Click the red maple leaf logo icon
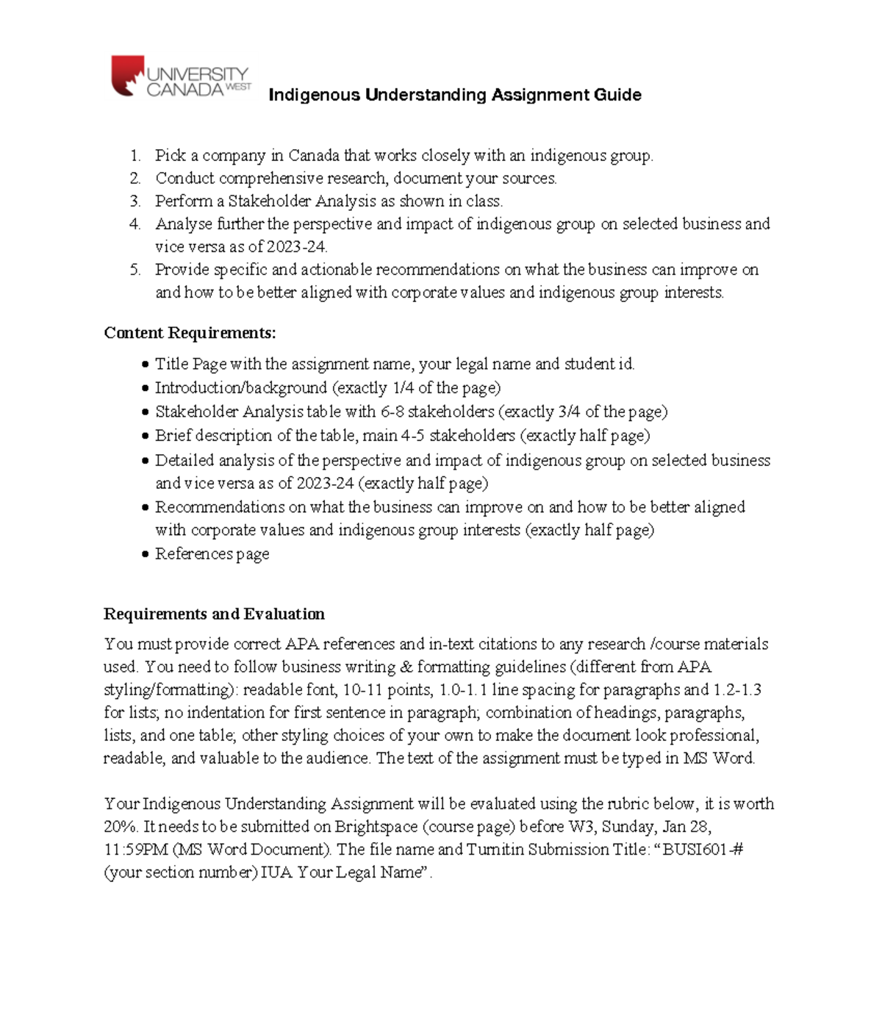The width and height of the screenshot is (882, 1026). click(127, 76)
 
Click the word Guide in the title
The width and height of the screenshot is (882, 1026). click(618, 95)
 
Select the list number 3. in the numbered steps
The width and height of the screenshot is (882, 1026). click(135, 201)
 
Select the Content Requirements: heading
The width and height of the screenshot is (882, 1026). click(190, 333)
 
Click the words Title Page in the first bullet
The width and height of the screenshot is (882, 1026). click(190, 364)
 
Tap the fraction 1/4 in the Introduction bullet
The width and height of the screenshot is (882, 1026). click(403, 388)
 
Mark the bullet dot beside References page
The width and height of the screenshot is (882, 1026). click(145, 555)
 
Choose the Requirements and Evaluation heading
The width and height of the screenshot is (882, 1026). click(214, 614)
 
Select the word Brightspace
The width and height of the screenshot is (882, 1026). click(376, 827)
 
